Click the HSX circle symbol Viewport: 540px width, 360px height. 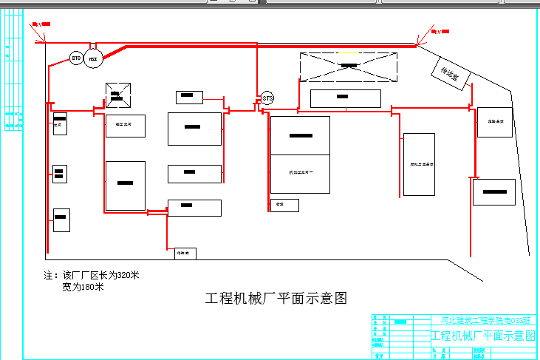[93, 58]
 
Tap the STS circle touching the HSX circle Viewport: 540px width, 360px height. [76, 58]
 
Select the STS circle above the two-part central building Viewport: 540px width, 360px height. [267, 98]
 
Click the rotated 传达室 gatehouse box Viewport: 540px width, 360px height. [450, 74]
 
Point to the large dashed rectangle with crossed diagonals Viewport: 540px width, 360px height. [348, 67]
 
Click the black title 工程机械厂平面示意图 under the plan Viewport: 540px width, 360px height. [276, 299]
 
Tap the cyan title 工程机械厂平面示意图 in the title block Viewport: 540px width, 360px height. [484, 336]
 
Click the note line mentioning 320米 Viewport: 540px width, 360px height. [92, 276]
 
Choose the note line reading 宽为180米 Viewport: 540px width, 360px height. [83, 287]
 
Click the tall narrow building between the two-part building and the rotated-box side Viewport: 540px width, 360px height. [419, 164]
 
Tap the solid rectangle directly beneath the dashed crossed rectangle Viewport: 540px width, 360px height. [345, 98]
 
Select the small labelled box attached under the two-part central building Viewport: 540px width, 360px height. [284, 205]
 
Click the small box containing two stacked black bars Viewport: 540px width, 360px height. [60, 174]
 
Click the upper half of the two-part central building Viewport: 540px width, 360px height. [300, 135]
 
